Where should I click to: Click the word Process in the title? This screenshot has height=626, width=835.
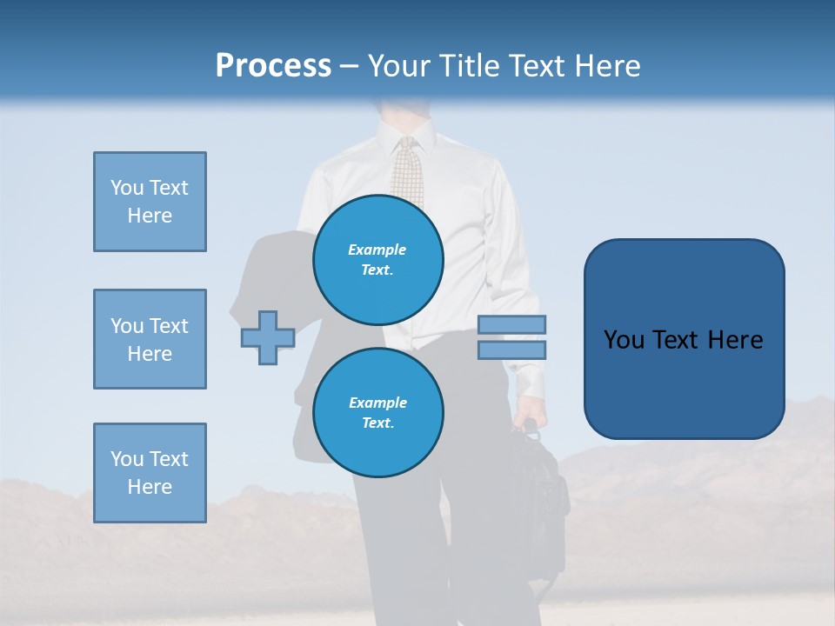point(273,66)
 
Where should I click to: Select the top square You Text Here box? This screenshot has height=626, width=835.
point(150,202)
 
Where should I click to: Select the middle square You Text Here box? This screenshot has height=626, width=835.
point(150,339)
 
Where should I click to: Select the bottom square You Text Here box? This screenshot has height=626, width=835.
point(150,473)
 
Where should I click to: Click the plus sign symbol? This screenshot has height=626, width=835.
point(268,337)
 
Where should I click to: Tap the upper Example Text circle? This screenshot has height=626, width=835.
point(378,260)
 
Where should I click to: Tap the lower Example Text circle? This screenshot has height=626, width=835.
point(378,413)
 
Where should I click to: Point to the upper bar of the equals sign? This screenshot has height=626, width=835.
point(511,324)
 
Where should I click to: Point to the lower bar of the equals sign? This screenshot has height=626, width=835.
point(511,350)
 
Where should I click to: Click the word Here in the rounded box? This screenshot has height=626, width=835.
point(736,340)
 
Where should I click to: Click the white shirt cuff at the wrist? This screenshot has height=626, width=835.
point(528,381)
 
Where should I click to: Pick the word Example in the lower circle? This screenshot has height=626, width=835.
point(377,403)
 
